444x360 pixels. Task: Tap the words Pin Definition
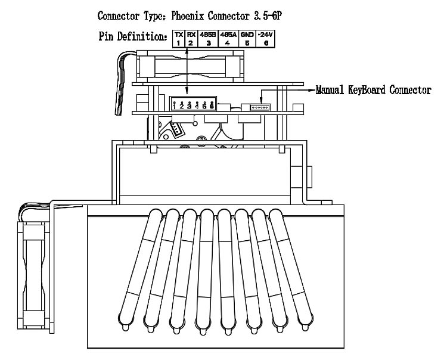[133, 37]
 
